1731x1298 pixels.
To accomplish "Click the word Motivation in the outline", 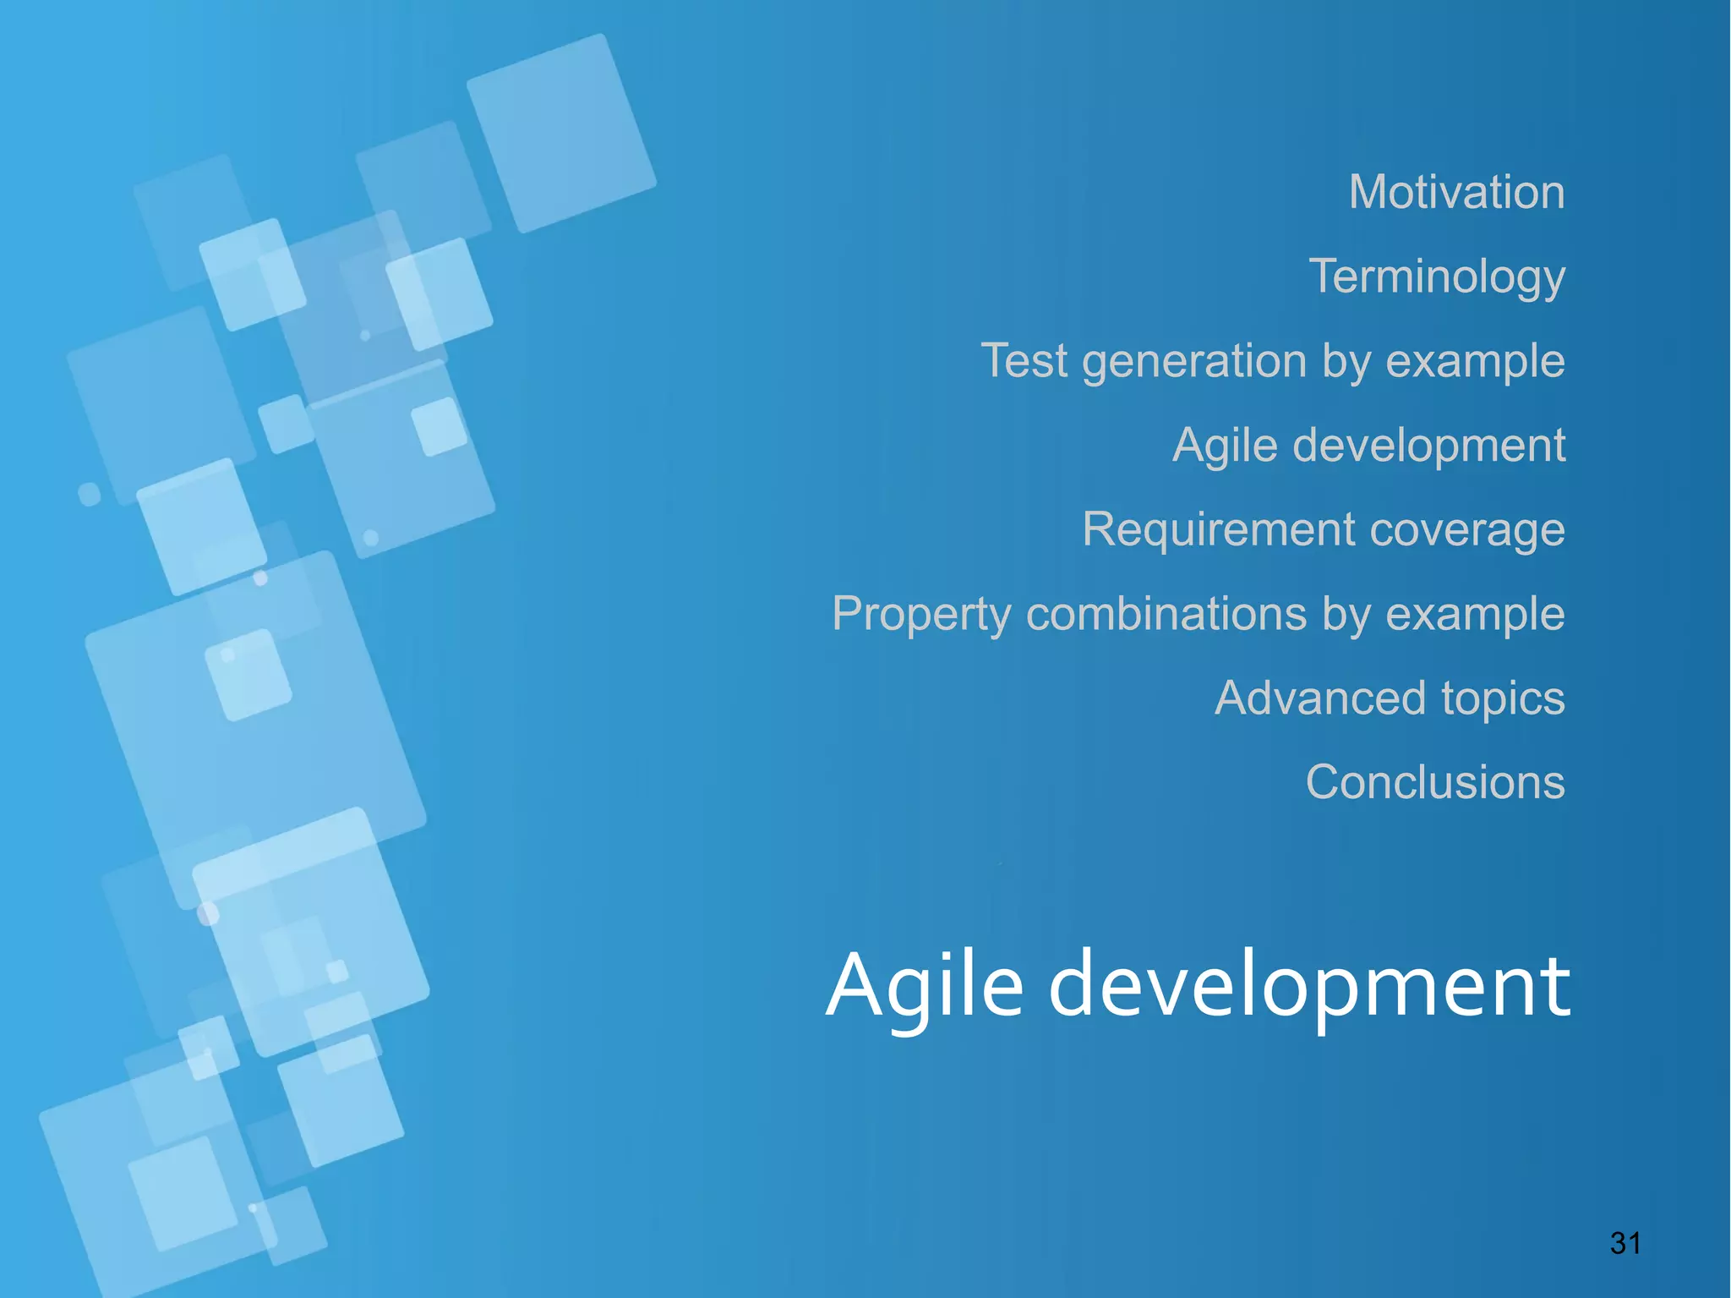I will pos(1456,192).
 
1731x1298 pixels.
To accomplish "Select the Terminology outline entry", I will pos(1437,277).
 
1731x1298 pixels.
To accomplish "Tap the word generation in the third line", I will pos(1194,362).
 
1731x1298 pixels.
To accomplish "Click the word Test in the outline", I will pos(1024,361).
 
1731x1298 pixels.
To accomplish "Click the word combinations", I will pos(1166,614).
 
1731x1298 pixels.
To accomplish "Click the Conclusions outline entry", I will pos(1434,782).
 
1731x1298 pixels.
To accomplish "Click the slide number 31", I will pos(1625,1243).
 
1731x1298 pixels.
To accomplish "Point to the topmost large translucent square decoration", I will pos(561,133).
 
